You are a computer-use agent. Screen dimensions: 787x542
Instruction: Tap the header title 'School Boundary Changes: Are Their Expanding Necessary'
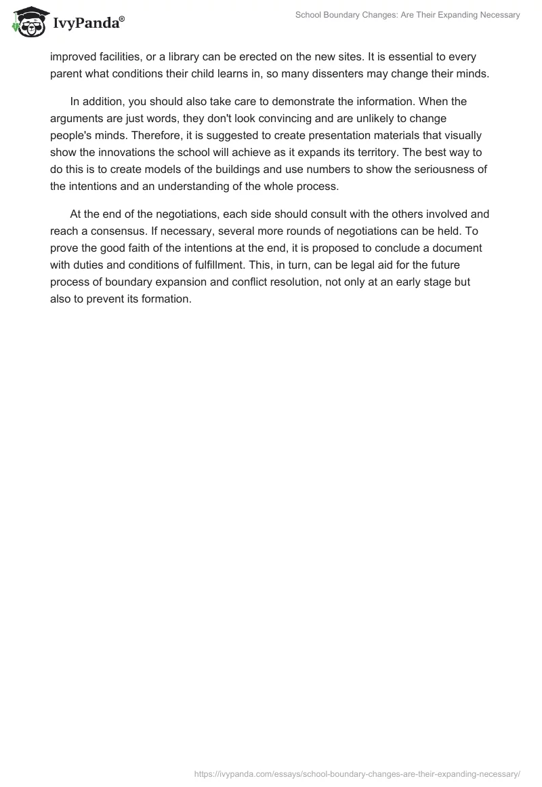[408, 15]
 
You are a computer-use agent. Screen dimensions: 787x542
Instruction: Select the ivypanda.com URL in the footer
[357, 773]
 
